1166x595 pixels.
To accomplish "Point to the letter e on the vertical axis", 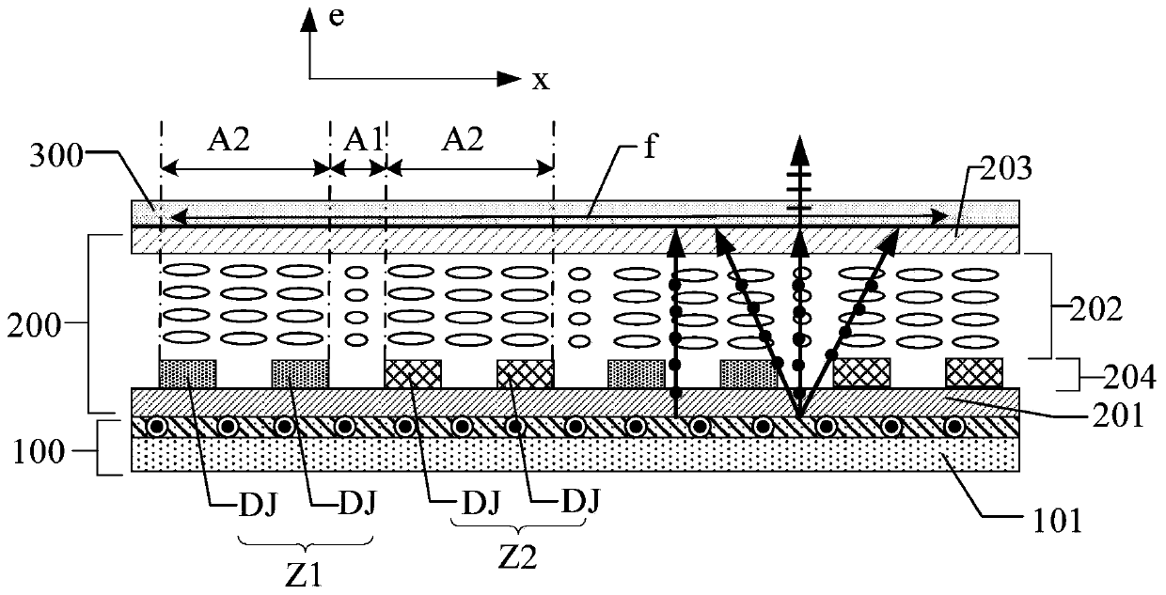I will click(x=332, y=20).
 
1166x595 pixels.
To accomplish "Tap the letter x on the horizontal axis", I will click(x=540, y=81).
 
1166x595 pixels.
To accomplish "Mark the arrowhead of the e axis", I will click(x=307, y=20).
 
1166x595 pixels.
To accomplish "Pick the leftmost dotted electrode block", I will click(x=188, y=373).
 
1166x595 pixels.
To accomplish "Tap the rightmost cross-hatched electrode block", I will click(x=973, y=373).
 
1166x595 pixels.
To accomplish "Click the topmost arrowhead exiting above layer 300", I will click(x=799, y=147).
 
